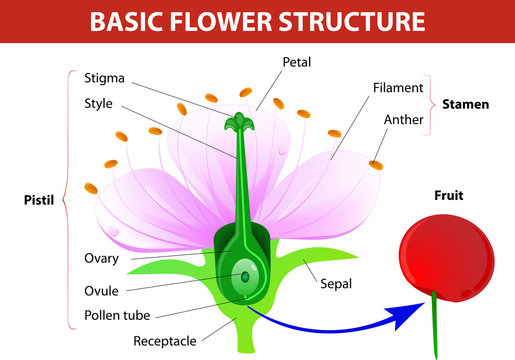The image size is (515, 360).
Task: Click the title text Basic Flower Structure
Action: tap(257, 22)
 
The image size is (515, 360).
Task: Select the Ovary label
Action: tap(102, 258)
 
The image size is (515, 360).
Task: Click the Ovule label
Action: tap(102, 290)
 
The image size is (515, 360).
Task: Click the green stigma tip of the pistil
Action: tap(238, 124)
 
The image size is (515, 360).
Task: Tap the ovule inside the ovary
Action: tap(243, 276)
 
